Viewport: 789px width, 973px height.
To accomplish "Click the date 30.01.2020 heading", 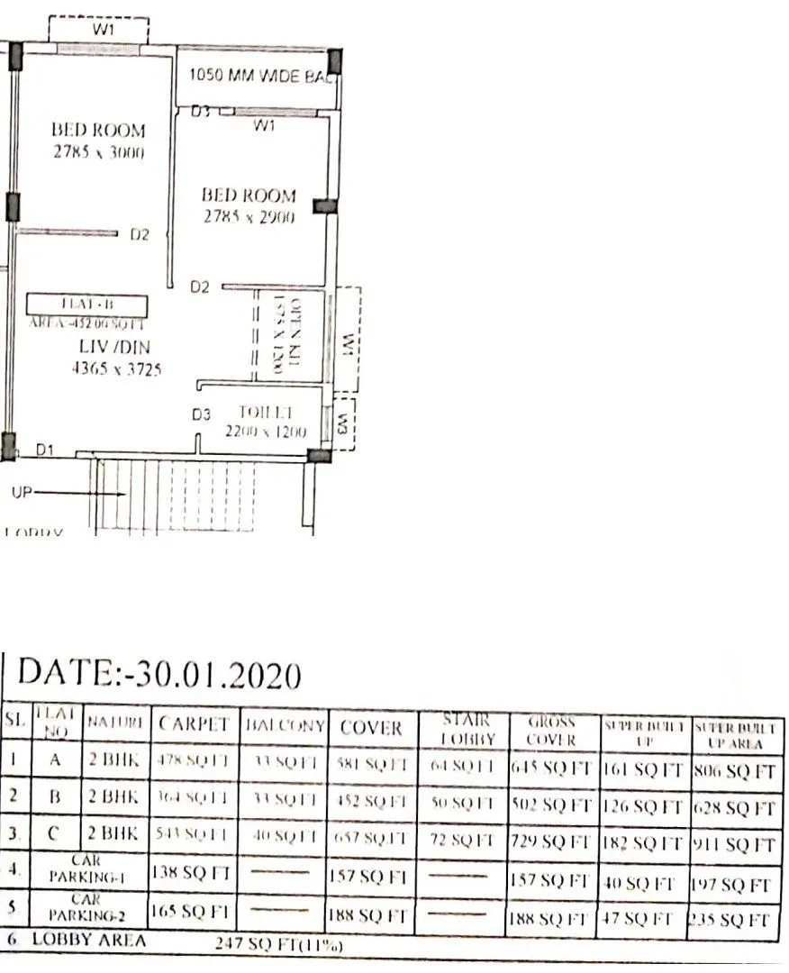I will [159, 673].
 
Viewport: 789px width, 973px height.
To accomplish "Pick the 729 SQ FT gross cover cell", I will [550, 844].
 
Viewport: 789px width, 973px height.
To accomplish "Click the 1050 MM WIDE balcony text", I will [258, 77].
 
